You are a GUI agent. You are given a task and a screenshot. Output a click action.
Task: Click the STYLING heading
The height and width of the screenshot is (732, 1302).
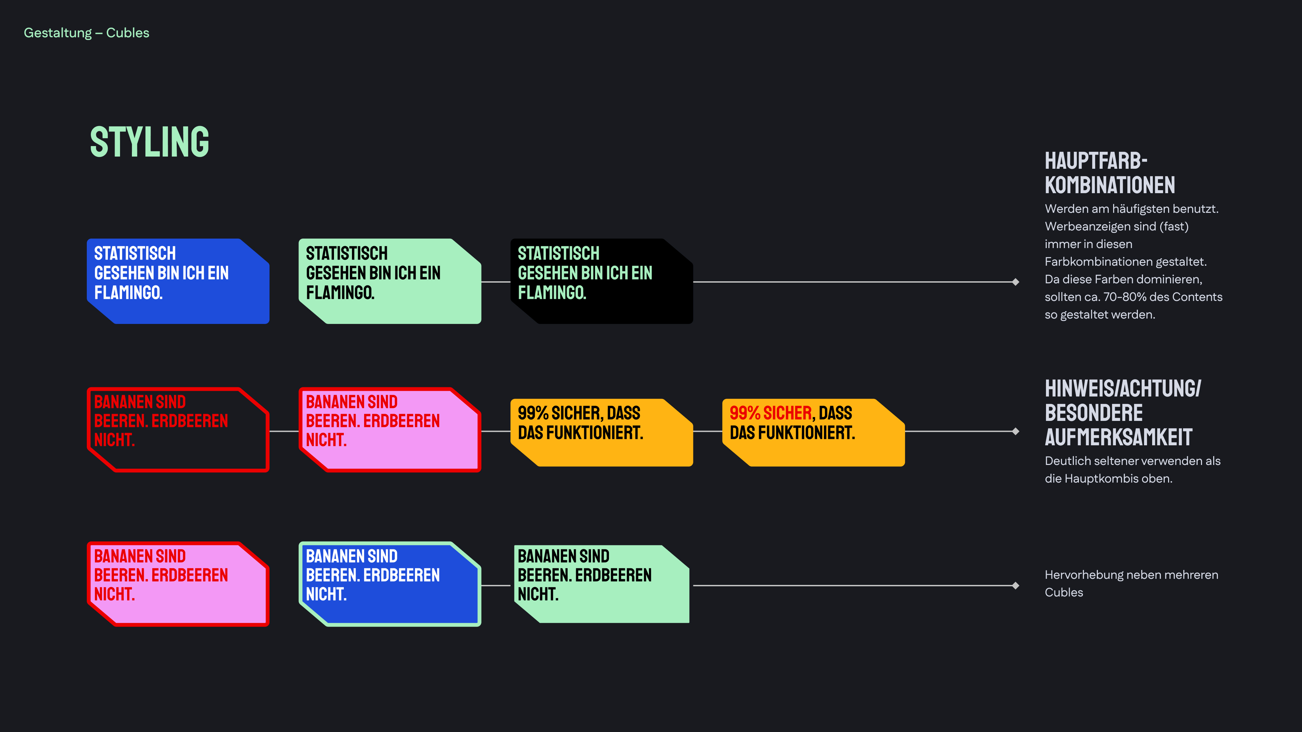[x=150, y=142]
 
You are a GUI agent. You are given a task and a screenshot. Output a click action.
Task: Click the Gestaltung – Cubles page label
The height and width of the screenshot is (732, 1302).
[x=86, y=33]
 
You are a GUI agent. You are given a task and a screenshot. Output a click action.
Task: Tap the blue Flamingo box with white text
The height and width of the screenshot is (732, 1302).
[x=178, y=281]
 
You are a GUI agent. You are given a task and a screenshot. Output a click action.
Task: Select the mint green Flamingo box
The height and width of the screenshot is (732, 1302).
[x=390, y=281]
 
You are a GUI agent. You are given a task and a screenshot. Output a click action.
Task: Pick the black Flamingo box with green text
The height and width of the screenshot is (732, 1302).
[x=601, y=281]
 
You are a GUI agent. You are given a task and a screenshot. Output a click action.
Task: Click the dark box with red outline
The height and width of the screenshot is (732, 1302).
[x=178, y=430]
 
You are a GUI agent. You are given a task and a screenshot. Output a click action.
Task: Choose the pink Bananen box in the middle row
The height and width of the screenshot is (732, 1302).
[x=390, y=430]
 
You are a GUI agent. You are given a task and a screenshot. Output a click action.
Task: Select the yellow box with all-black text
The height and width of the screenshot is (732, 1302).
[x=601, y=432]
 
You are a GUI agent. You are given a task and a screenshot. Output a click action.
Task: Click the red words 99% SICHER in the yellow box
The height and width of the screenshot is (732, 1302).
[x=771, y=413]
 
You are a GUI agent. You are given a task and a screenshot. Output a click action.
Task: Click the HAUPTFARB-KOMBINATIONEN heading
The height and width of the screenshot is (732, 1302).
[x=1109, y=173]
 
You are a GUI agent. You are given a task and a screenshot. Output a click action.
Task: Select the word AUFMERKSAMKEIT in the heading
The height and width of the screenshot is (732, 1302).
[x=1119, y=438]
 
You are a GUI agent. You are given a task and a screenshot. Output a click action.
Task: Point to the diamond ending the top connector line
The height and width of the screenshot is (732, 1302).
[x=1015, y=282]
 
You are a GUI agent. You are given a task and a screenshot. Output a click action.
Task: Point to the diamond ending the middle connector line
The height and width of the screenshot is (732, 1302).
[x=1015, y=431]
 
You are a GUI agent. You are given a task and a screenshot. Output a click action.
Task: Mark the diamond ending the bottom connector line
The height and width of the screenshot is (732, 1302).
[x=1015, y=586]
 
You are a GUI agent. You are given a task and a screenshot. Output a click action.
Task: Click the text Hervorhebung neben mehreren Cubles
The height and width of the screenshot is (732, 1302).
[x=1131, y=584]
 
